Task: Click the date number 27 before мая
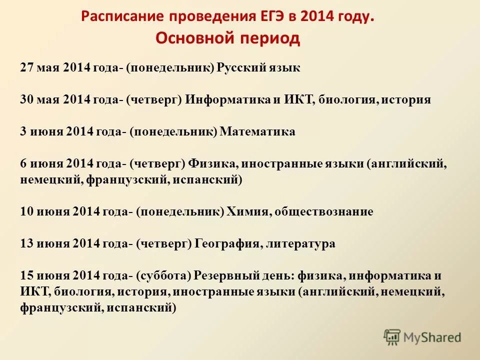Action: (26, 68)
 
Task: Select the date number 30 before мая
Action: (26, 99)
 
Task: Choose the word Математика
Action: (258, 131)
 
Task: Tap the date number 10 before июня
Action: (26, 211)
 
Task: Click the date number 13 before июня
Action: (26, 243)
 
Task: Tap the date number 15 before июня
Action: (26, 275)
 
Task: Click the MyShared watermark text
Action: (432, 337)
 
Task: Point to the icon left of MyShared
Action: (392, 337)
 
